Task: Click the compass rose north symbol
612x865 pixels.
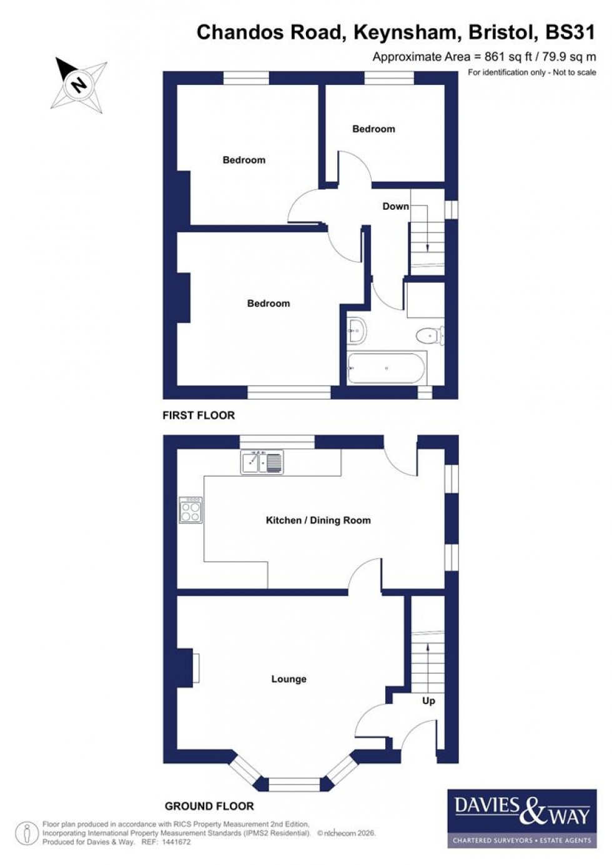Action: click(x=79, y=83)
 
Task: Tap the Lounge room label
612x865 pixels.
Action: click(x=289, y=679)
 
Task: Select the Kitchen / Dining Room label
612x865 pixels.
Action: click(x=318, y=520)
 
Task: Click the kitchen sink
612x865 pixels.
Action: click(x=262, y=462)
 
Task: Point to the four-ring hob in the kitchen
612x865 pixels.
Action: click(x=190, y=509)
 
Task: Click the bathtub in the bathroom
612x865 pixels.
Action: click(x=387, y=368)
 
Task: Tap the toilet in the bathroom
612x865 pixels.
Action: click(x=429, y=336)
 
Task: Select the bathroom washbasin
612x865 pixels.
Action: click(x=357, y=329)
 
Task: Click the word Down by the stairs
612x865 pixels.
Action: click(x=395, y=206)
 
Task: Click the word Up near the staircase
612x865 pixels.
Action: click(x=428, y=701)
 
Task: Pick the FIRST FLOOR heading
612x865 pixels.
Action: click(x=199, y=415)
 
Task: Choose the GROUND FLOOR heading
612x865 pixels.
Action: click(x=209, y=806)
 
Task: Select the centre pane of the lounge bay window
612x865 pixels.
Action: click(x=294, y=783)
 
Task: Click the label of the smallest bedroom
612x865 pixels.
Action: click(x=373, y=129)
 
